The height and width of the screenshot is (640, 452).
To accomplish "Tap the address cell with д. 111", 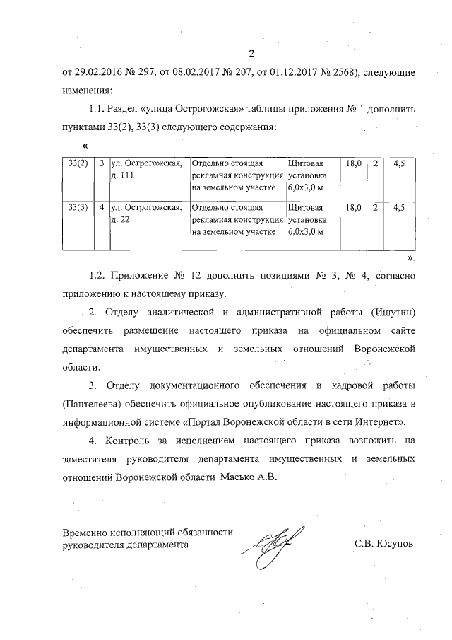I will click(149, 169).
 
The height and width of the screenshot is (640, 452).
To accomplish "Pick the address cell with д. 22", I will click(149, 214).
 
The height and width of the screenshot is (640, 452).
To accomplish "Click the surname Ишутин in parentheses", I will click(390, 312).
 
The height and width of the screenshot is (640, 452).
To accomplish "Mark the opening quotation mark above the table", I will click(76, 146).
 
